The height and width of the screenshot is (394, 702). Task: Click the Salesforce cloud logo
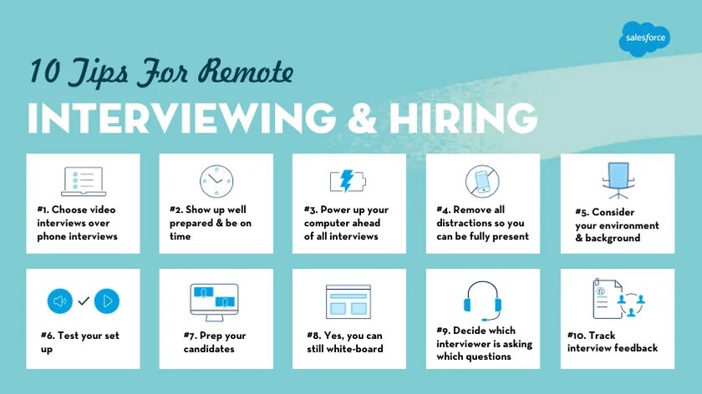pos(644,38)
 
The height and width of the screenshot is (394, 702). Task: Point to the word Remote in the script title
pos(247,72)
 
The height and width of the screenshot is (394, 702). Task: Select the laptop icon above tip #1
pos(83,181)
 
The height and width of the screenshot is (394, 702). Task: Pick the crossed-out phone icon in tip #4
pos(481,181)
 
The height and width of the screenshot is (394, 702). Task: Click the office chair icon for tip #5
pos(618,179)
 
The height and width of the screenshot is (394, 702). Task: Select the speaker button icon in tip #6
pos(60,301)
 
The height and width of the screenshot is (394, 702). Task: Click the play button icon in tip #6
pos(107,301)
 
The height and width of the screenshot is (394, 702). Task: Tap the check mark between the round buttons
pos(84,301)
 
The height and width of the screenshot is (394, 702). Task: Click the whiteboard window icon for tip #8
pos(348,301)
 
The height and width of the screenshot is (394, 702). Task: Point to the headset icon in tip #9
pos(481,298)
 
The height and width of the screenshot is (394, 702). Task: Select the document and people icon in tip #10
pos(618,299)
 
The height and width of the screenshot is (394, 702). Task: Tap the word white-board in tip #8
pos(357,349)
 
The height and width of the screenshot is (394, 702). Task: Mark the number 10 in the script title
pos(43,72)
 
